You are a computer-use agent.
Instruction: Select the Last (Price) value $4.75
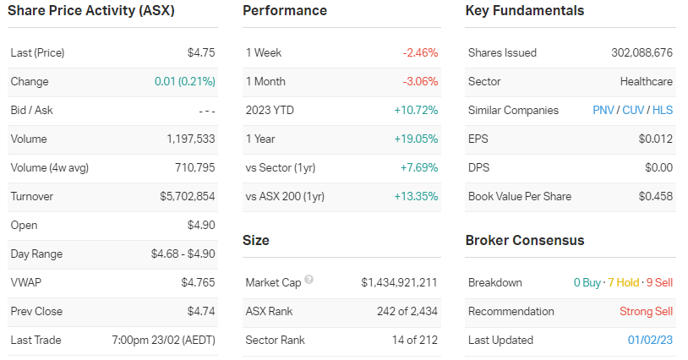pyautogui.click(x=201, y=52)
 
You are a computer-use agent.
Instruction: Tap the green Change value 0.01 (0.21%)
pyautogui.click(x=184, y=81)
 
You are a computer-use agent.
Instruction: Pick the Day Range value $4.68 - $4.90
pyautogui.click(x=183, y=254)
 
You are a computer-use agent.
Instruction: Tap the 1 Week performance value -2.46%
pyautogui.click(x=420, y=52)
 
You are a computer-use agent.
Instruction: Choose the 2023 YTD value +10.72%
pyautogui.click(x=417, y=110)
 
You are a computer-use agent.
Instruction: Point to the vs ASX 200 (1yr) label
pyautogui.click(x=285, y=196)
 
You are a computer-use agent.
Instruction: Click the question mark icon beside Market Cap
pyautogui.click(x=309, y=280)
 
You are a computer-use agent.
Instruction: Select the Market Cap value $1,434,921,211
pyautogui.click(x=399, y=282)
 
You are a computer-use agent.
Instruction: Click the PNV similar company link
pyautogui.click(x=603, y=110)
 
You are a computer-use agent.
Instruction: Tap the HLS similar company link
pyautogui.click(x=663, y=110)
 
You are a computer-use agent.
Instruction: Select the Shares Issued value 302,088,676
pyautogui.click(x=642, y=52)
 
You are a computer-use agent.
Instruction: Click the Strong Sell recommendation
pyautogui.click(x=647, y=311)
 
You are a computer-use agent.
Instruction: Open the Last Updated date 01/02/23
pyautogui.click(x=651, y=340)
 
